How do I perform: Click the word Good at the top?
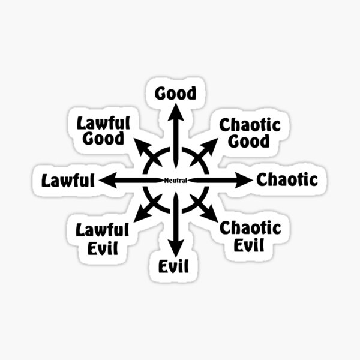tap(175, 94)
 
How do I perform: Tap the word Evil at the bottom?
tap(175, 265)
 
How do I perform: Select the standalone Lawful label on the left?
tap(68, 179)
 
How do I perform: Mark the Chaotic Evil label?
tap(250, 236)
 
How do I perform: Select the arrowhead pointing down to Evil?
tap(175, 248)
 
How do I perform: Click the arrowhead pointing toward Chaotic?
tap(245, 179)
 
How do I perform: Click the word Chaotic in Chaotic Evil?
tap(250, 228)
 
